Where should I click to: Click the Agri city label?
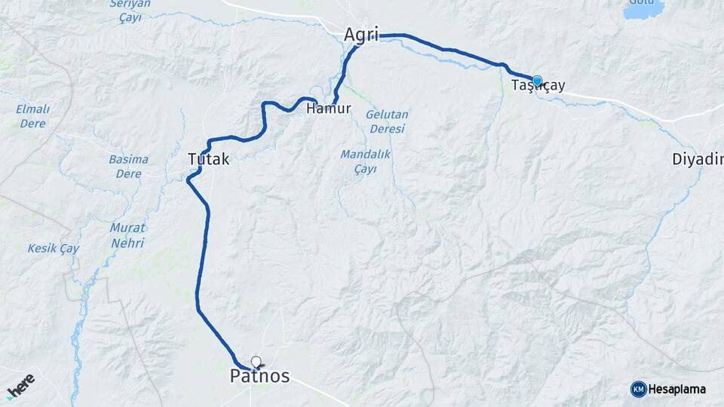pos(360,35)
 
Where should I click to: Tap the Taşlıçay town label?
pos(538,86)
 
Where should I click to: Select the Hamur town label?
pos(329,109)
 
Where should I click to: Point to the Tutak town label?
pos(208,160)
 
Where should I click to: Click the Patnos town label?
pos(259,376)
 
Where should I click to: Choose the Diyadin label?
pos(698,159)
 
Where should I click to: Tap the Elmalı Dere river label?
pos(32,115)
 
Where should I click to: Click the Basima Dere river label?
pos(128,166)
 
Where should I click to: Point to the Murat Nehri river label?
pos(127,235)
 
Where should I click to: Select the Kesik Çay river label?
pos(54,248)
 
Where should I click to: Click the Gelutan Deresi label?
pos(387,121)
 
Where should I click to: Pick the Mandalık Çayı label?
pos(364,161)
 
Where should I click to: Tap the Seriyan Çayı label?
pos(130,11)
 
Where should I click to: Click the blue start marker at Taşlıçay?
pos(537,81)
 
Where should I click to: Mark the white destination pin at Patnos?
pos(256,362)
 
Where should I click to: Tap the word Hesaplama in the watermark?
pos(678,389)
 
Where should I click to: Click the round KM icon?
pos(638,389)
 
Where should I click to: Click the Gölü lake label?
pos(643,2)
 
